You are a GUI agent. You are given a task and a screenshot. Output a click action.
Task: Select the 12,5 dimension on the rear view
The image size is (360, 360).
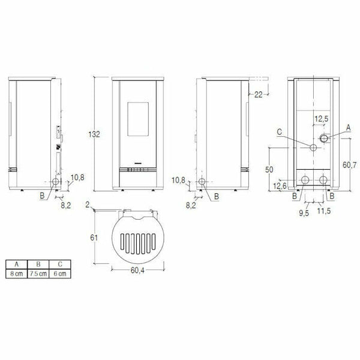tap(322, 119)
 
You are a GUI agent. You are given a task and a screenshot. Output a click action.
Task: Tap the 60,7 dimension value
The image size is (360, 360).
tap(349, 163)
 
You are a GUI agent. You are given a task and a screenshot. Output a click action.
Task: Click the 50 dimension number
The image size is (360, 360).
tap(269, 170)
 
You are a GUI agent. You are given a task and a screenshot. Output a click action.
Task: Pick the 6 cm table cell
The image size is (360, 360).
tap(59, 273)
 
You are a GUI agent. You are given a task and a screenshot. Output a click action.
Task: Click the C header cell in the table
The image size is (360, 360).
tap(59, 264)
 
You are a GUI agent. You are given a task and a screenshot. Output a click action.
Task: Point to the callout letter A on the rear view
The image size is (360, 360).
tap(349, 128)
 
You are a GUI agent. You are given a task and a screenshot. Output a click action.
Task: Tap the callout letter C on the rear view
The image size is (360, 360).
tap(280, 132)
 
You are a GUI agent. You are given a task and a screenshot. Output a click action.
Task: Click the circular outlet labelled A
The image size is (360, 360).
tap(324, 139)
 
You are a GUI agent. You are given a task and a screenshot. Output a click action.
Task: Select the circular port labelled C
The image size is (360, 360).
tap(313, 148)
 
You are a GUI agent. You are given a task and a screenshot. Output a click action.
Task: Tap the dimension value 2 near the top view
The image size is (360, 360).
tap(88, 205)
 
